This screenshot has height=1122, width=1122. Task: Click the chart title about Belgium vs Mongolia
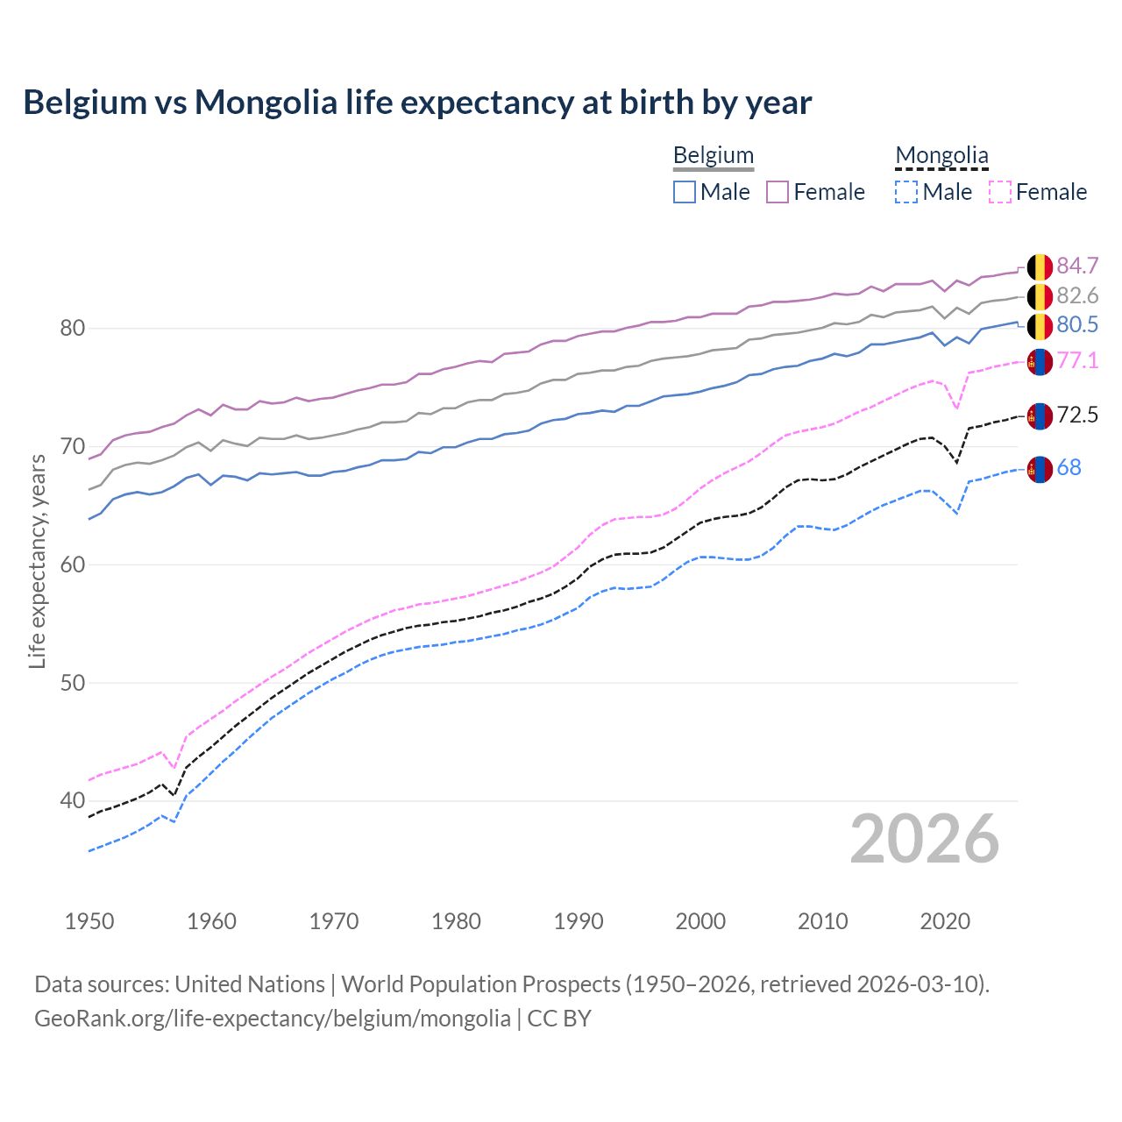tap(417, 103)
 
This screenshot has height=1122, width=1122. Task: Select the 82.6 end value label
tap(1077, 296)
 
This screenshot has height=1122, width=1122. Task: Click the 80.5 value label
tap(1077, 325)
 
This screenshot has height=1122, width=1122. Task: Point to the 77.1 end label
tap(1077, 361)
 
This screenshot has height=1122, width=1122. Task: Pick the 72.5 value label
tap(1077, 415)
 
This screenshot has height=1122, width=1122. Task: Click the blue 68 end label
tap(1069, 468)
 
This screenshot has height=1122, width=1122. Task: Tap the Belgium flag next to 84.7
tap(1040, 266)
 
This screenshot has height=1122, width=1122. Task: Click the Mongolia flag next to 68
tap(1040, 469)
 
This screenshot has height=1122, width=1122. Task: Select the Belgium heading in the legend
tap(713, 156)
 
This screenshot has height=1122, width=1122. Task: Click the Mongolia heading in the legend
tap(941, 156)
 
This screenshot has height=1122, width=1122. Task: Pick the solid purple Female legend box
tap(778, 192)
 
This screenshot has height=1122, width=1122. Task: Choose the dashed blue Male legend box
tap(906, 192)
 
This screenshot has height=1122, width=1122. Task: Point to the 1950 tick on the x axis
tap(89, 921)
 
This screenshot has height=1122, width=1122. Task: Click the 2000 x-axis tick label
tap(700, 921)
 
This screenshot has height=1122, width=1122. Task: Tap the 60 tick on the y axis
tap(72, 565)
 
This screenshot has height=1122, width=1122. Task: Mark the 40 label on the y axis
tap(72, 800)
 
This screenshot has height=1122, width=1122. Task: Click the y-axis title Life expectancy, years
tap(37, 561)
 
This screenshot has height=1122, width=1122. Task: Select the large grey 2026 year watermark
tap(925, 839)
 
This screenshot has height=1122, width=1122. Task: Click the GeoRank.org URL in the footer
tap(273, 1019)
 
